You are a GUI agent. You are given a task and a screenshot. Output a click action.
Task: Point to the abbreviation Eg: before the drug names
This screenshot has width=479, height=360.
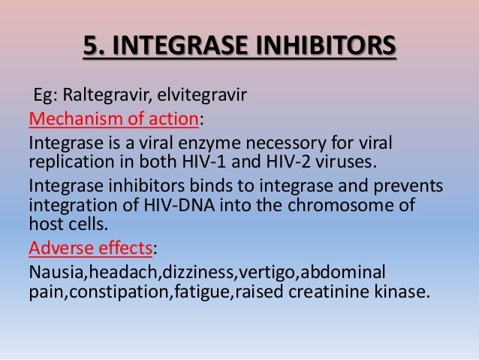pyautogui.click(x=45, y=96)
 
